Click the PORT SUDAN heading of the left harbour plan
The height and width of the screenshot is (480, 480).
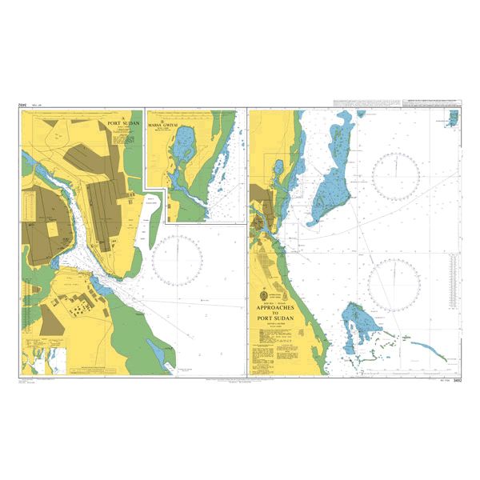(124, 124)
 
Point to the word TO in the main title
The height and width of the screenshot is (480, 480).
(274, 314)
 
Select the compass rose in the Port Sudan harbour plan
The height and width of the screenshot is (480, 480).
(177, 261)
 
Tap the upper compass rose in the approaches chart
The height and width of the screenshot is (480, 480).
(396, 175)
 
